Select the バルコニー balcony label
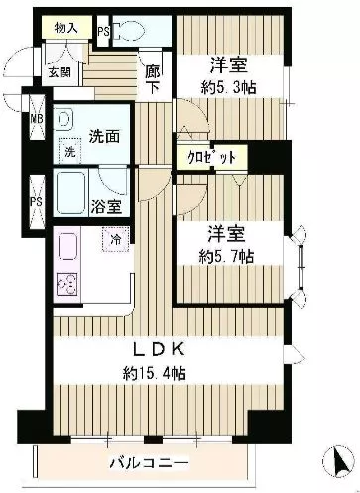tap(135, 463)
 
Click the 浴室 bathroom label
tap(108, 207)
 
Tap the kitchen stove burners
tap(68, 284)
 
